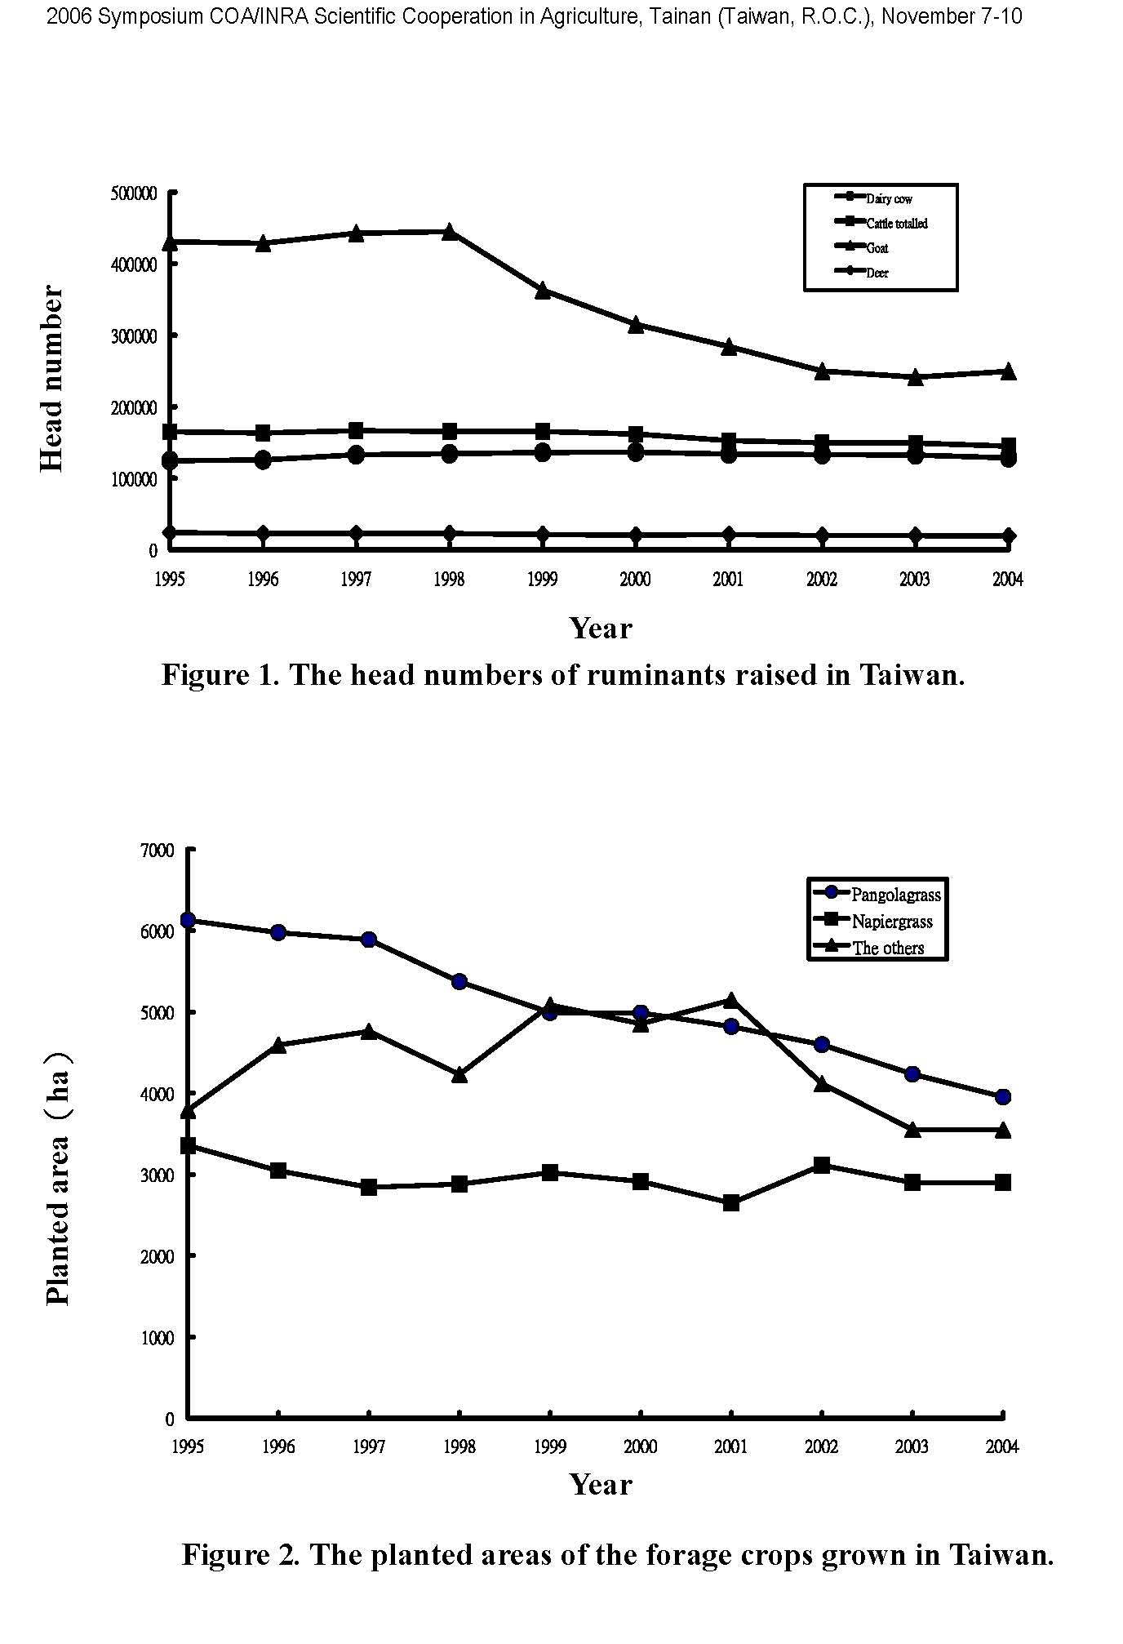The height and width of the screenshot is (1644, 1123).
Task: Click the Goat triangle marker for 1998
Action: [449, 232]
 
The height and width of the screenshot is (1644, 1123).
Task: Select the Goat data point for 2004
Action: [1008, 371]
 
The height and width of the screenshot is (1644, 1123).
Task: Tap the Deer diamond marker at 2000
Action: [636, 535]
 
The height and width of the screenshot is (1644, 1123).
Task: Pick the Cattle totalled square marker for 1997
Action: [356, 430]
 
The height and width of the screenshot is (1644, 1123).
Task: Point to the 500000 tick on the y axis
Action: [134, 193]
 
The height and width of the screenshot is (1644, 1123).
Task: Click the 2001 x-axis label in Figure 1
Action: [728, 580]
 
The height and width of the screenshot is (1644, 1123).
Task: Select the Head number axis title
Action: [51, 378]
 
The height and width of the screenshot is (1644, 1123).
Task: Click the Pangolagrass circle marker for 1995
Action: [188, 920]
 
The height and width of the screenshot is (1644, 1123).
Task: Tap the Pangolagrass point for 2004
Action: [1003, 1096]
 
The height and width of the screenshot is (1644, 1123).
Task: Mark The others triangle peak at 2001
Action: [731, 1000]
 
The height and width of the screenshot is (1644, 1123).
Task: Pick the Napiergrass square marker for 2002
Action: [822, 1165]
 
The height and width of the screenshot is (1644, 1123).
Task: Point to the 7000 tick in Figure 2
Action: [158, 851]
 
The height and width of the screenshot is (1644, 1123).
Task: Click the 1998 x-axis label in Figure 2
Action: [459, 1446]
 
